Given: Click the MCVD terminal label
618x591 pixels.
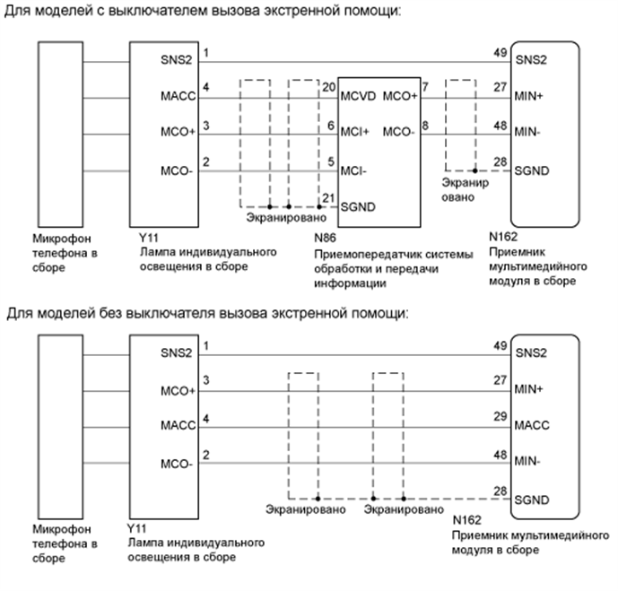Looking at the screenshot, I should [x=358, y=96].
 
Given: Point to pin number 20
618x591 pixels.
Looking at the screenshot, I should [x=328, y=87].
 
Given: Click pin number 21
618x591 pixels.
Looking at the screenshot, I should [x=328, y=197].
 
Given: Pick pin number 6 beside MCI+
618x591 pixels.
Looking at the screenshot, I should [x=331, y=125].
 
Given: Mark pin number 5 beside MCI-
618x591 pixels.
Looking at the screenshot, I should [x=331, y=161].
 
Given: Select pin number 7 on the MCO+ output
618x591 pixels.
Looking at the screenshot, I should [x=425, y=87].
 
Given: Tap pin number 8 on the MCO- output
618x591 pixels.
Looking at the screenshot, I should [x=425, y=125].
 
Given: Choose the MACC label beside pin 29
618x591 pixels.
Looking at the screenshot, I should [x=532, y=424].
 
